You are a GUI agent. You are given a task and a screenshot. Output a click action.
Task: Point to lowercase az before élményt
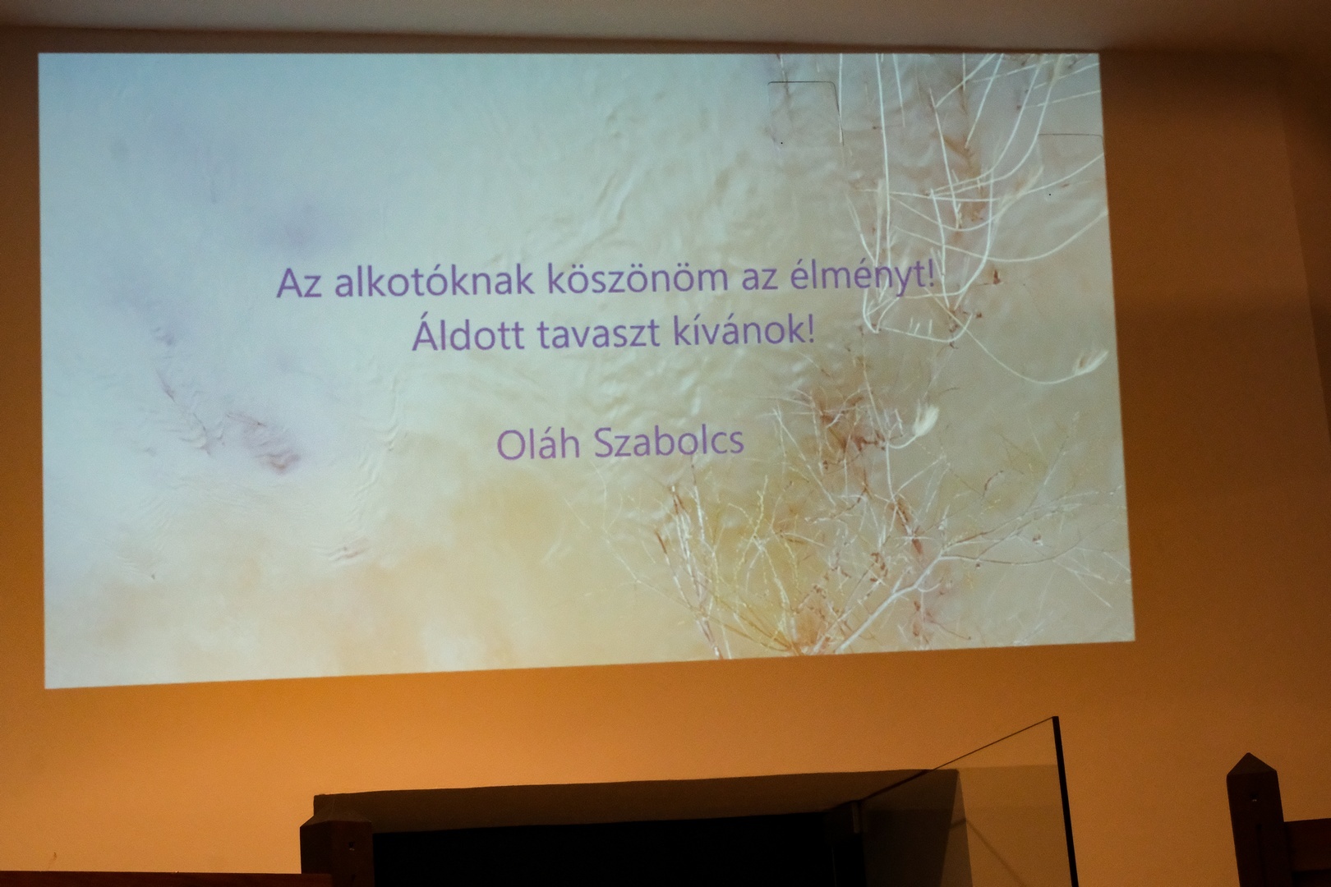click(759, 280)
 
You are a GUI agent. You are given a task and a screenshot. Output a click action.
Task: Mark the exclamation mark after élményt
click(931, 277)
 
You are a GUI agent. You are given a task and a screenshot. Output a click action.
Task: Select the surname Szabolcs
click(669, 441)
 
